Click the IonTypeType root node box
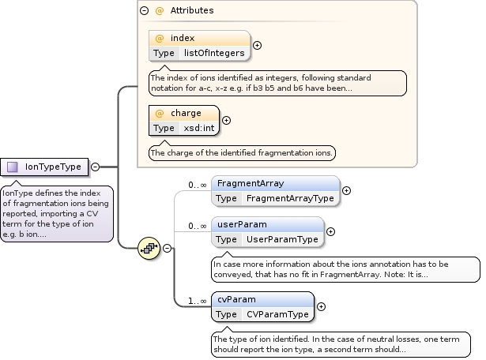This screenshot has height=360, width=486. [45, 167]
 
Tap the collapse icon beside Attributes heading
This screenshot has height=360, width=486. [144, 11]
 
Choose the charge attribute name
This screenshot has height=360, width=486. [186, 113]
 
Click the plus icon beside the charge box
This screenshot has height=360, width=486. [227, 120]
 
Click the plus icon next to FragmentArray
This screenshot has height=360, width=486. [346, 190]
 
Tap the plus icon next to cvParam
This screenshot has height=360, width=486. [321, 306]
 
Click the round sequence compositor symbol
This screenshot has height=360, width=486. [149, 247]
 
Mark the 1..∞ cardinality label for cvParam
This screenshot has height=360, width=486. [197, 301]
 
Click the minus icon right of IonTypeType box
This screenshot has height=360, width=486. [95, 167]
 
